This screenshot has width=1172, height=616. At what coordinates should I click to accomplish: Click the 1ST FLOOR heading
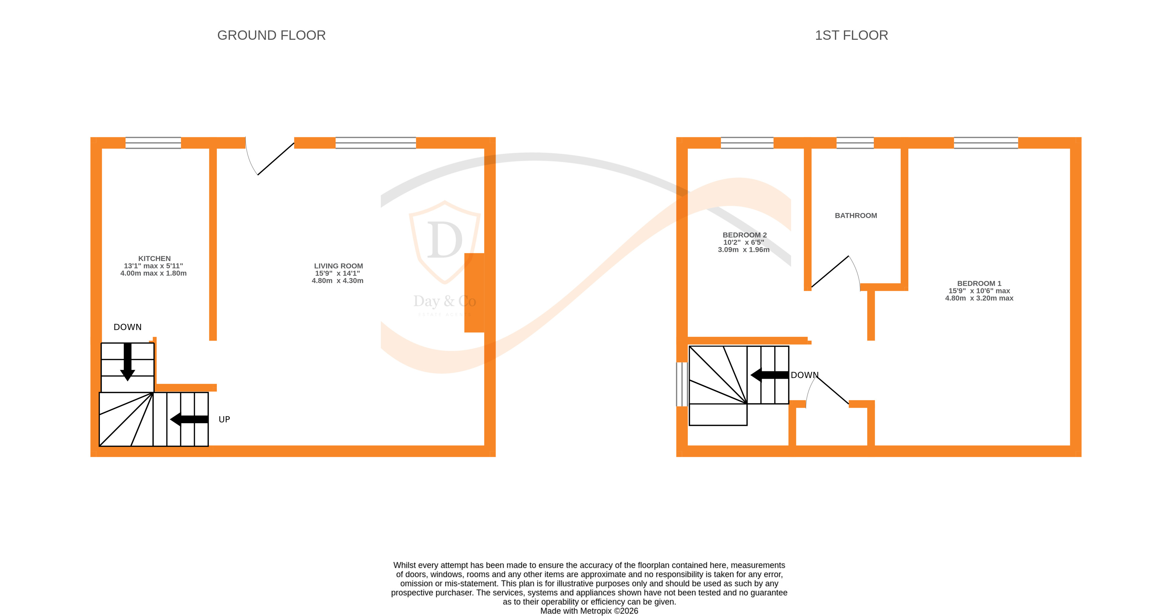pos(851,35)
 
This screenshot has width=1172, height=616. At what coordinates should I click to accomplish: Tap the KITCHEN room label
pos(154,258)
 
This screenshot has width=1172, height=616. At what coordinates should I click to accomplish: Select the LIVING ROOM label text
pos(338,266)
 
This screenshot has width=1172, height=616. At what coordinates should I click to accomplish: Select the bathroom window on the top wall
pos(855,143)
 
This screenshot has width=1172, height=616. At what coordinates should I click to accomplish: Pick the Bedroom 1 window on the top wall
pos(986,143)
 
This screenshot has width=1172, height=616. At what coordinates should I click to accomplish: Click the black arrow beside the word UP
pos(189,419)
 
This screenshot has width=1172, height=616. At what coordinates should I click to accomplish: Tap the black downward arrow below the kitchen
pos(127,361)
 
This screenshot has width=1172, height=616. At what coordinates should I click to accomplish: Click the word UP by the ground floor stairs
pos(224,419)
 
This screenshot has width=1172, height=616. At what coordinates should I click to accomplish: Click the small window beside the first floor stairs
pos(681,384)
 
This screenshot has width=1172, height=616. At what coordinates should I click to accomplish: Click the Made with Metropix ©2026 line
pos(589,611)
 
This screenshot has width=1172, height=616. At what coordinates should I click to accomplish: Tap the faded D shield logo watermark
pos(444,241)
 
